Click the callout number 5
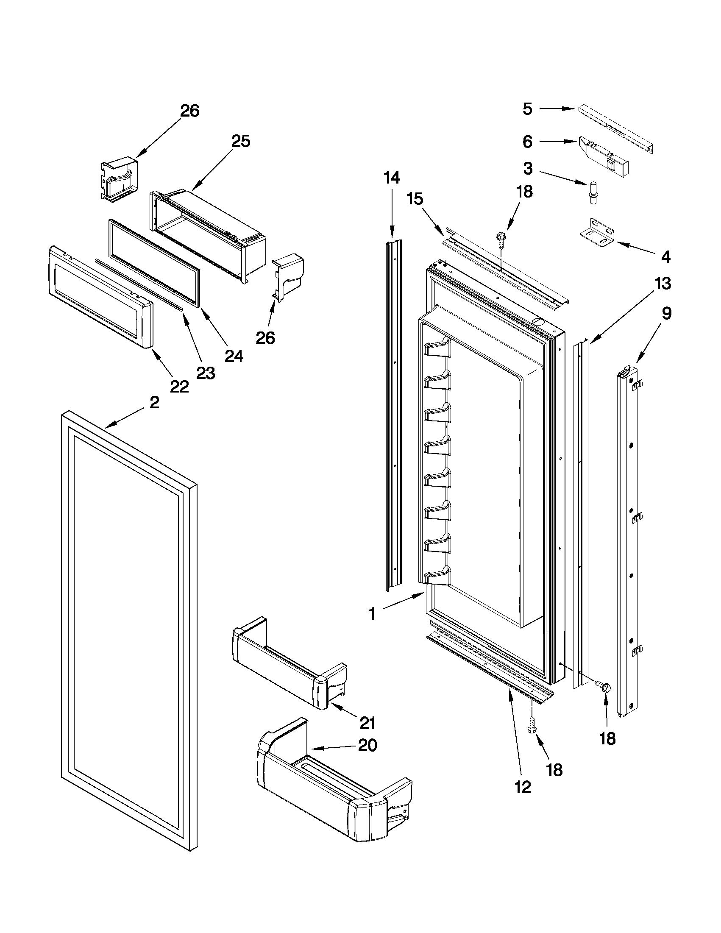(528, 109)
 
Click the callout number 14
(392, 177)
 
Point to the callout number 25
(240, 141)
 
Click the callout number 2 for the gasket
(155, 402)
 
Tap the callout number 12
(523, 786)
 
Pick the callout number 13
(663, 284)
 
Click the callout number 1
(372, 614)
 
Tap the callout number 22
(179, 387)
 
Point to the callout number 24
(234, 355)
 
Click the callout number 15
(415, 199)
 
